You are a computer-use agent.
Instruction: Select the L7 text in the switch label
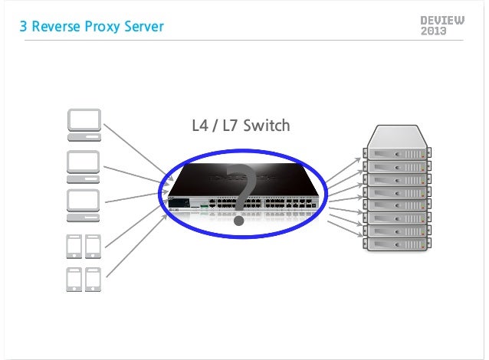231,125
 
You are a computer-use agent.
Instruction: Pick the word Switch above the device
267,125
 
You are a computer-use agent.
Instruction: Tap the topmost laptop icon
83,125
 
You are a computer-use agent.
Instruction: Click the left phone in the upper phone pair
74,247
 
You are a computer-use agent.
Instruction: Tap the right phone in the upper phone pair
92,247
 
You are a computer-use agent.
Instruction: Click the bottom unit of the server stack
395,244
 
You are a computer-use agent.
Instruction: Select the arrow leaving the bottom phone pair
134,245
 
